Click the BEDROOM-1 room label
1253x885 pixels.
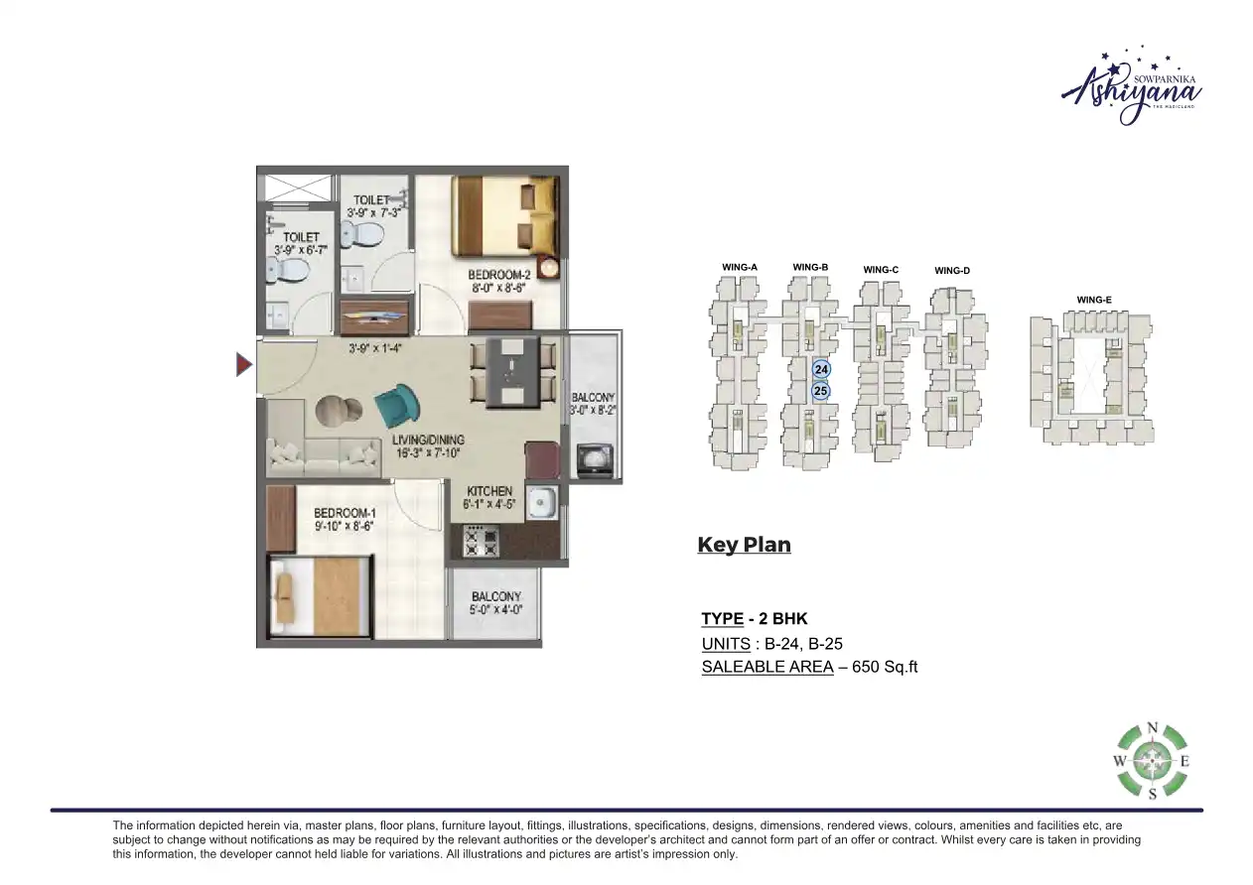point(345,513)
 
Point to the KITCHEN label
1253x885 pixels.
point(489,491)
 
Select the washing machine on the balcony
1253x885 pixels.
point(596,461)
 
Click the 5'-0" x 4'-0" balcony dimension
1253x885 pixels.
point(496,610)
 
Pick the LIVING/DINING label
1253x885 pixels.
point(428,440)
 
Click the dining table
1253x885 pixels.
point(510,373)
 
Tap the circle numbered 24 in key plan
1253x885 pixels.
point(821,369)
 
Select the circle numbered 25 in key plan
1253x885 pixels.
point(821,391)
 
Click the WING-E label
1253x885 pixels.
point(1093,300)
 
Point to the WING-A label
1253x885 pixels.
point(740,268)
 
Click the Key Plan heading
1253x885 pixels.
point(744,545)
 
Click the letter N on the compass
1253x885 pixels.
point(1152,728)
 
